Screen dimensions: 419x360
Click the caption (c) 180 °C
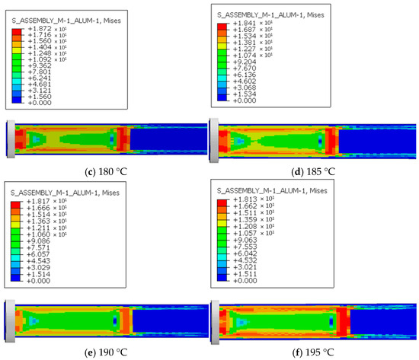pyautogui.click(x=106, y=171)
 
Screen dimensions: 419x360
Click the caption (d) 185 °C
pyautogui.click(x=313, y=171)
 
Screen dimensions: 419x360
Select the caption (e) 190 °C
pyautogui.click(x=106, y=352)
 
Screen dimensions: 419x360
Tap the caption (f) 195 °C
pyautogui.click(x=313, y=352)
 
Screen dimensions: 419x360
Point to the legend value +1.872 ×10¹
pyautogui.click(x=47, y=29)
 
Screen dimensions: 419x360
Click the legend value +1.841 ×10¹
pyautogui.click(x=252, y=24)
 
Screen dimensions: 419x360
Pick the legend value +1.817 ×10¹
pyautogui.click(x=46, y=201)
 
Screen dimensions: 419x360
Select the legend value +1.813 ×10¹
pyautogui.click(x=254, y=199)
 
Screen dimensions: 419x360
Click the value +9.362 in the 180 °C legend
pyautogui.click(x=40, y=65)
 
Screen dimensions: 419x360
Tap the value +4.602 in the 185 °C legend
pyautogui.click(x=245, y=81)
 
